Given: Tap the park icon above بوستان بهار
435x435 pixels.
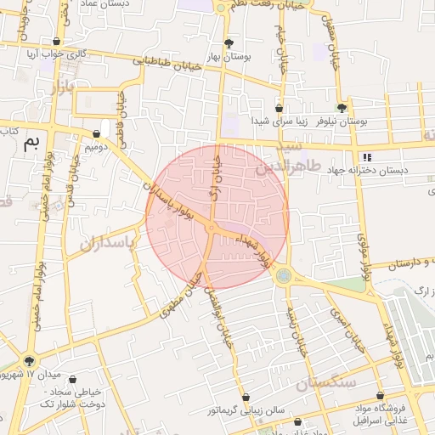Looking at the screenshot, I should (x=229, y=42).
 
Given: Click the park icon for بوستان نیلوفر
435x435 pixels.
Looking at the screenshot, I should (x=342, y=108).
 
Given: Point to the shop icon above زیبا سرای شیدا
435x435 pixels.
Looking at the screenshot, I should (x=279, y=108).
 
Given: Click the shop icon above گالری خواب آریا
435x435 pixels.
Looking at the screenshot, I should (x=57, y=41).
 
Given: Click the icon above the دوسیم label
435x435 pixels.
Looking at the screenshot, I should (x=96, y=134).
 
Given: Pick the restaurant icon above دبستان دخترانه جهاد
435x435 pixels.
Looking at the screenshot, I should (x=367, y=157).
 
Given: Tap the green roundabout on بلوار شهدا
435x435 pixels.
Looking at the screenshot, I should (x=283, y=275).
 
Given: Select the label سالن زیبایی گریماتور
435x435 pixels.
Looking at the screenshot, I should (x=246, y=410).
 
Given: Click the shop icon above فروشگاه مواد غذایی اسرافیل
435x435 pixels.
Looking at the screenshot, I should (x=380, y=396).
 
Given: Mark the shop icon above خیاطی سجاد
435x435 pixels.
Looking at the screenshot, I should (x=71, y=380).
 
